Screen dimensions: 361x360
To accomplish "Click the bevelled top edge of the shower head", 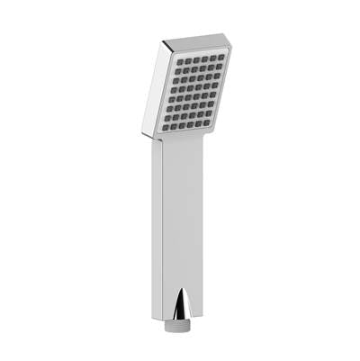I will tap(198, 41).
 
